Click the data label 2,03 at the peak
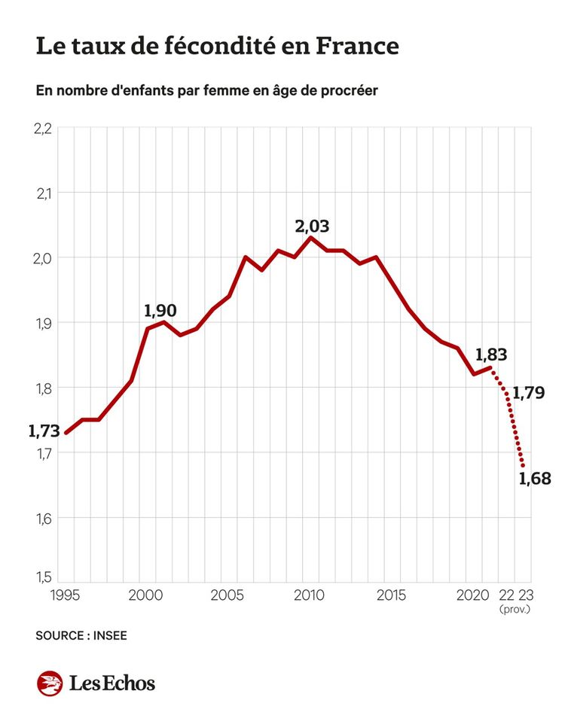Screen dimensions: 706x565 312,227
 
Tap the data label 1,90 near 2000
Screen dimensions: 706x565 160,310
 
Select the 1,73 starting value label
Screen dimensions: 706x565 44,431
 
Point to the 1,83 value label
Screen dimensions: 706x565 490,355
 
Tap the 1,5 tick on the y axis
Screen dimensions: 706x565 43,577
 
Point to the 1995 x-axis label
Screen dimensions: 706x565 68,595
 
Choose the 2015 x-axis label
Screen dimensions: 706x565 391,595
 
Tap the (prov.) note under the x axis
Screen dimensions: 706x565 515,608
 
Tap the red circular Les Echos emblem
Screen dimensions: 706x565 50,683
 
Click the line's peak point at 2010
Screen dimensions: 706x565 310,239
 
